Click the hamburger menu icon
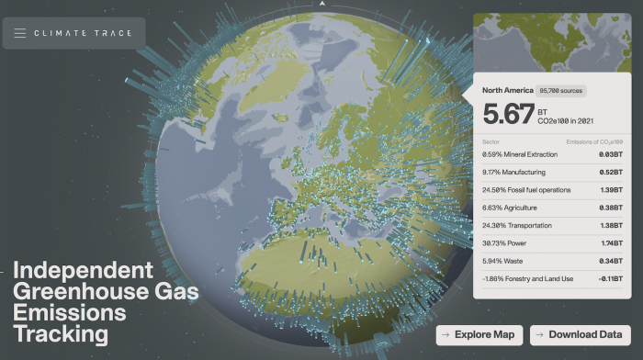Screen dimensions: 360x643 pos(20,34)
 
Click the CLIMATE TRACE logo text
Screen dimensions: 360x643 pos(83,34)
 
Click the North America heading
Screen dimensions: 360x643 pos(507,91)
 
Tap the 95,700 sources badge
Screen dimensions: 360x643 pos(562,91)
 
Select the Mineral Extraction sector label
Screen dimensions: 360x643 pos(524,154)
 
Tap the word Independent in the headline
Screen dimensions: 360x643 pos(83,271)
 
